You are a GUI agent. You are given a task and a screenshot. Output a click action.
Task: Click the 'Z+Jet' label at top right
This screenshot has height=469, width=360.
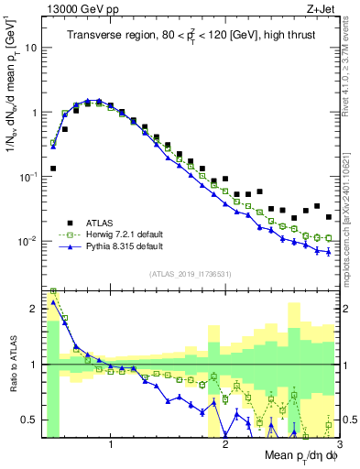(324, 8)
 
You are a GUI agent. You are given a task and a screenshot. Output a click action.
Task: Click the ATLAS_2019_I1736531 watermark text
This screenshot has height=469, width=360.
(190, 275)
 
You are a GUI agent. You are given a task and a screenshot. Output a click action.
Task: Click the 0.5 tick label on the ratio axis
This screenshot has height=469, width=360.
(32, 420)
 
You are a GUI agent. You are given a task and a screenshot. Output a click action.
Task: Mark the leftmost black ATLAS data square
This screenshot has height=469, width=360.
(53, 169)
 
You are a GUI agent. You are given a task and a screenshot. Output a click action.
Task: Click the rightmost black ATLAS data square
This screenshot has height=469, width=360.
(329, 217)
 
